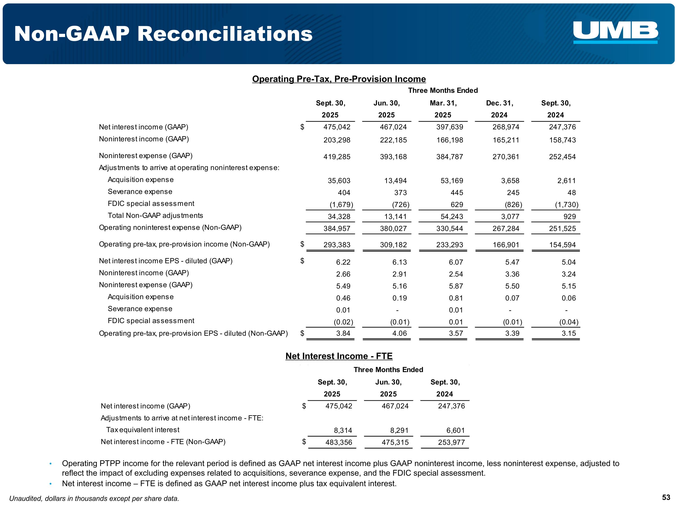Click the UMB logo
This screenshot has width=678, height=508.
pos(615,32)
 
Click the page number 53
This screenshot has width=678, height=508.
pos(666,497)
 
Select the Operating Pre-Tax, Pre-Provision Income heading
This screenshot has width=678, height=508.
pos(339,79)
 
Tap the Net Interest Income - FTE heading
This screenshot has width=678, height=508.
pos(339,356)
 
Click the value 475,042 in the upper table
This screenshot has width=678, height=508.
pos(337,127)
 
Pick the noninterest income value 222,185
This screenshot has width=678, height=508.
pos(393,140)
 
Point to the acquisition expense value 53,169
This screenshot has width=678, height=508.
pos(452,181)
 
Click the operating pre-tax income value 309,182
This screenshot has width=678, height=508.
pos(393,245)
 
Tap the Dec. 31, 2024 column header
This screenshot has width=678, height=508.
pos(499,109)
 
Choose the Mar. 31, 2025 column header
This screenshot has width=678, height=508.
pos(443,109)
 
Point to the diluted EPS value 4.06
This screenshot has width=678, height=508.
pos(399,333)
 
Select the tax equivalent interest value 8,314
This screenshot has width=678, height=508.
pos(343,431)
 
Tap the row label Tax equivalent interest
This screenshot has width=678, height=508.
pos(143,430)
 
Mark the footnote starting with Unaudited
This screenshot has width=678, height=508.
pos(94,499)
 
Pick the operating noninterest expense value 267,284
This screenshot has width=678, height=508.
pos(506,229)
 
